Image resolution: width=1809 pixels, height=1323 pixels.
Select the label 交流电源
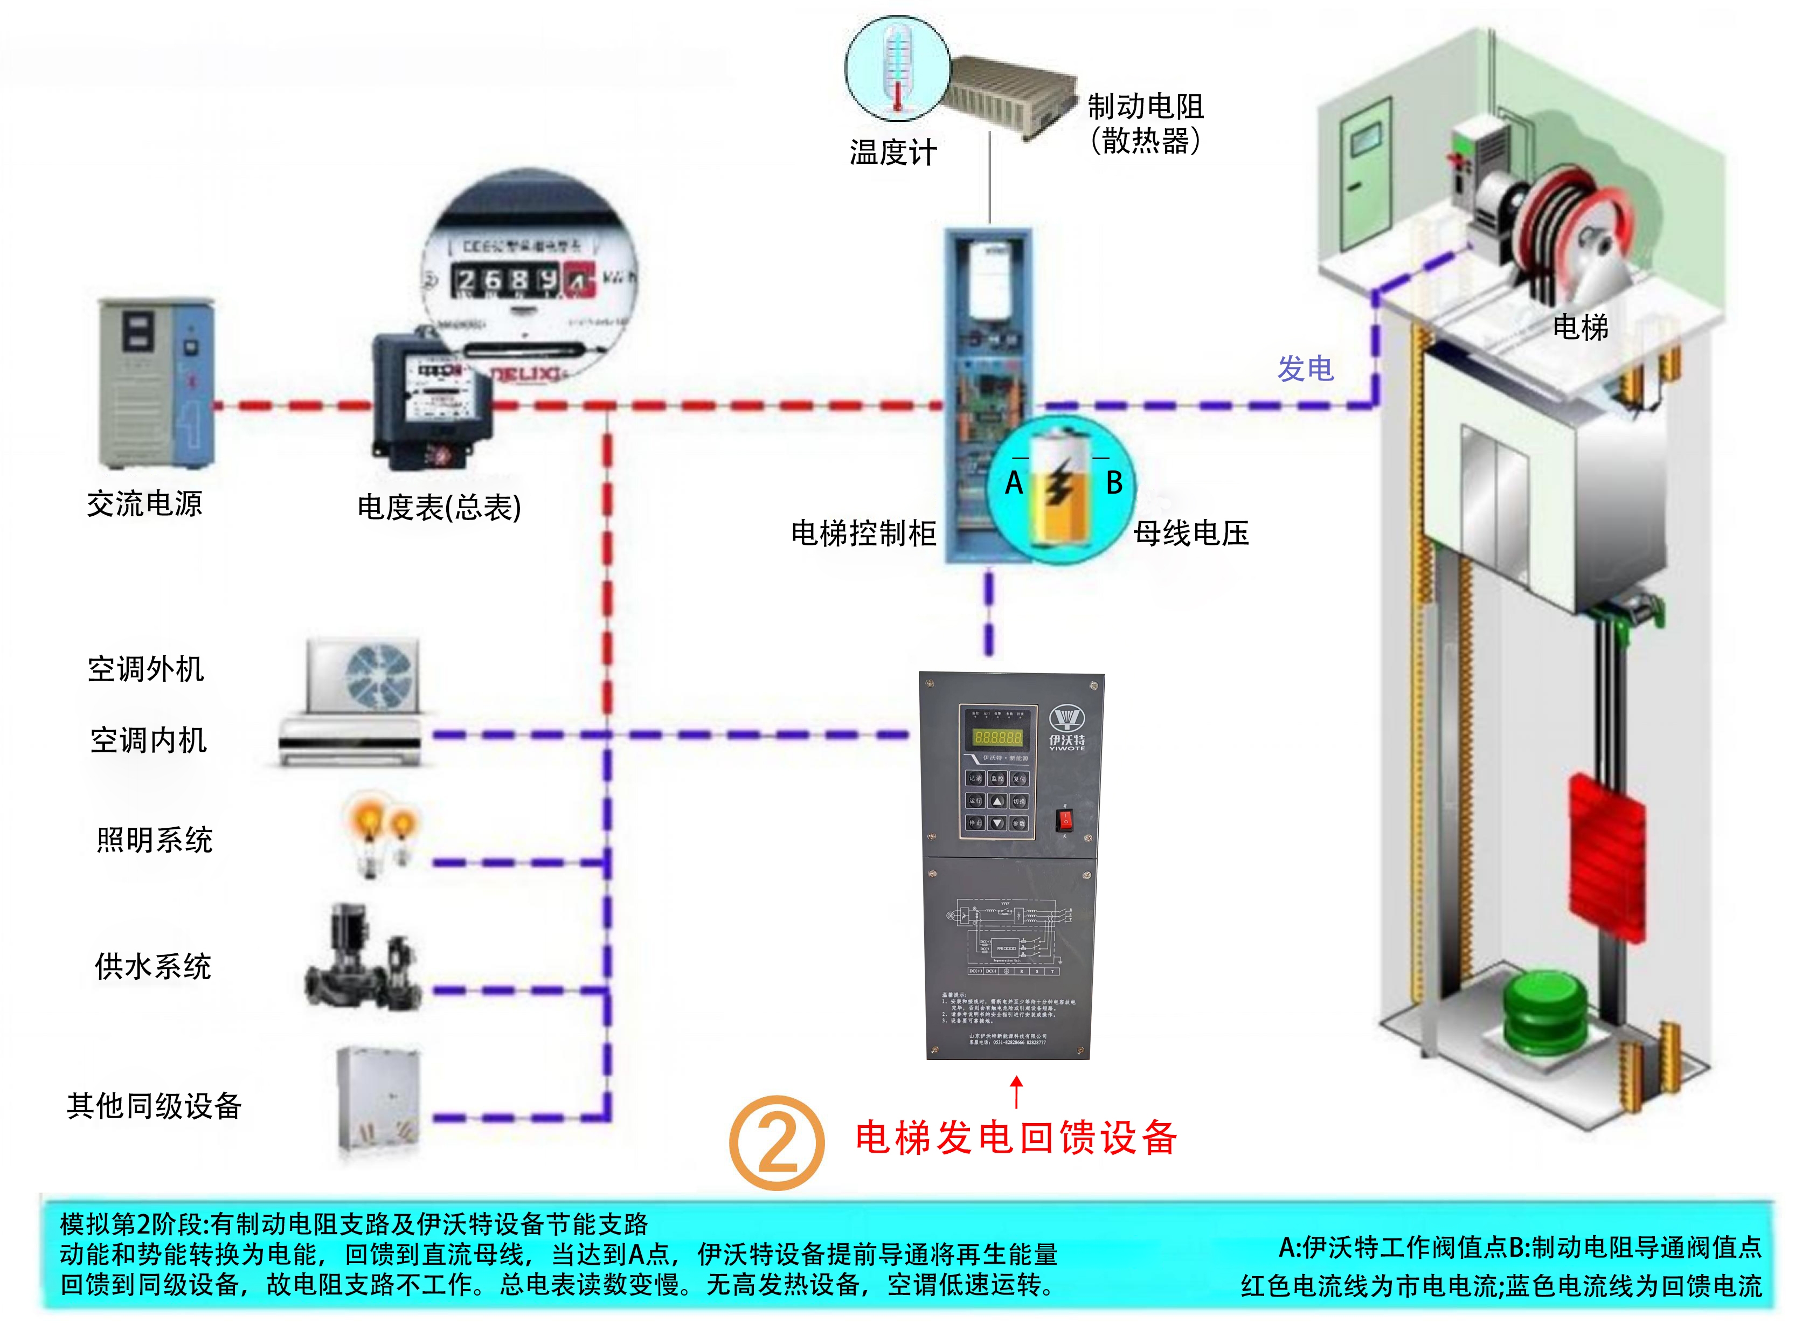[145, 504]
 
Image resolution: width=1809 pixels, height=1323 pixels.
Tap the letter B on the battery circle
[1114, 483]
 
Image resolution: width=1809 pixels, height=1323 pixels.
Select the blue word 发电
[1305, 369]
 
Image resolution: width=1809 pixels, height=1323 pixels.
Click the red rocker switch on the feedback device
[1064, 820]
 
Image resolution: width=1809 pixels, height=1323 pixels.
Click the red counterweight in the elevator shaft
[1606, 857]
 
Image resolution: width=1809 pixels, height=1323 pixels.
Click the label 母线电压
[1191, 534]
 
